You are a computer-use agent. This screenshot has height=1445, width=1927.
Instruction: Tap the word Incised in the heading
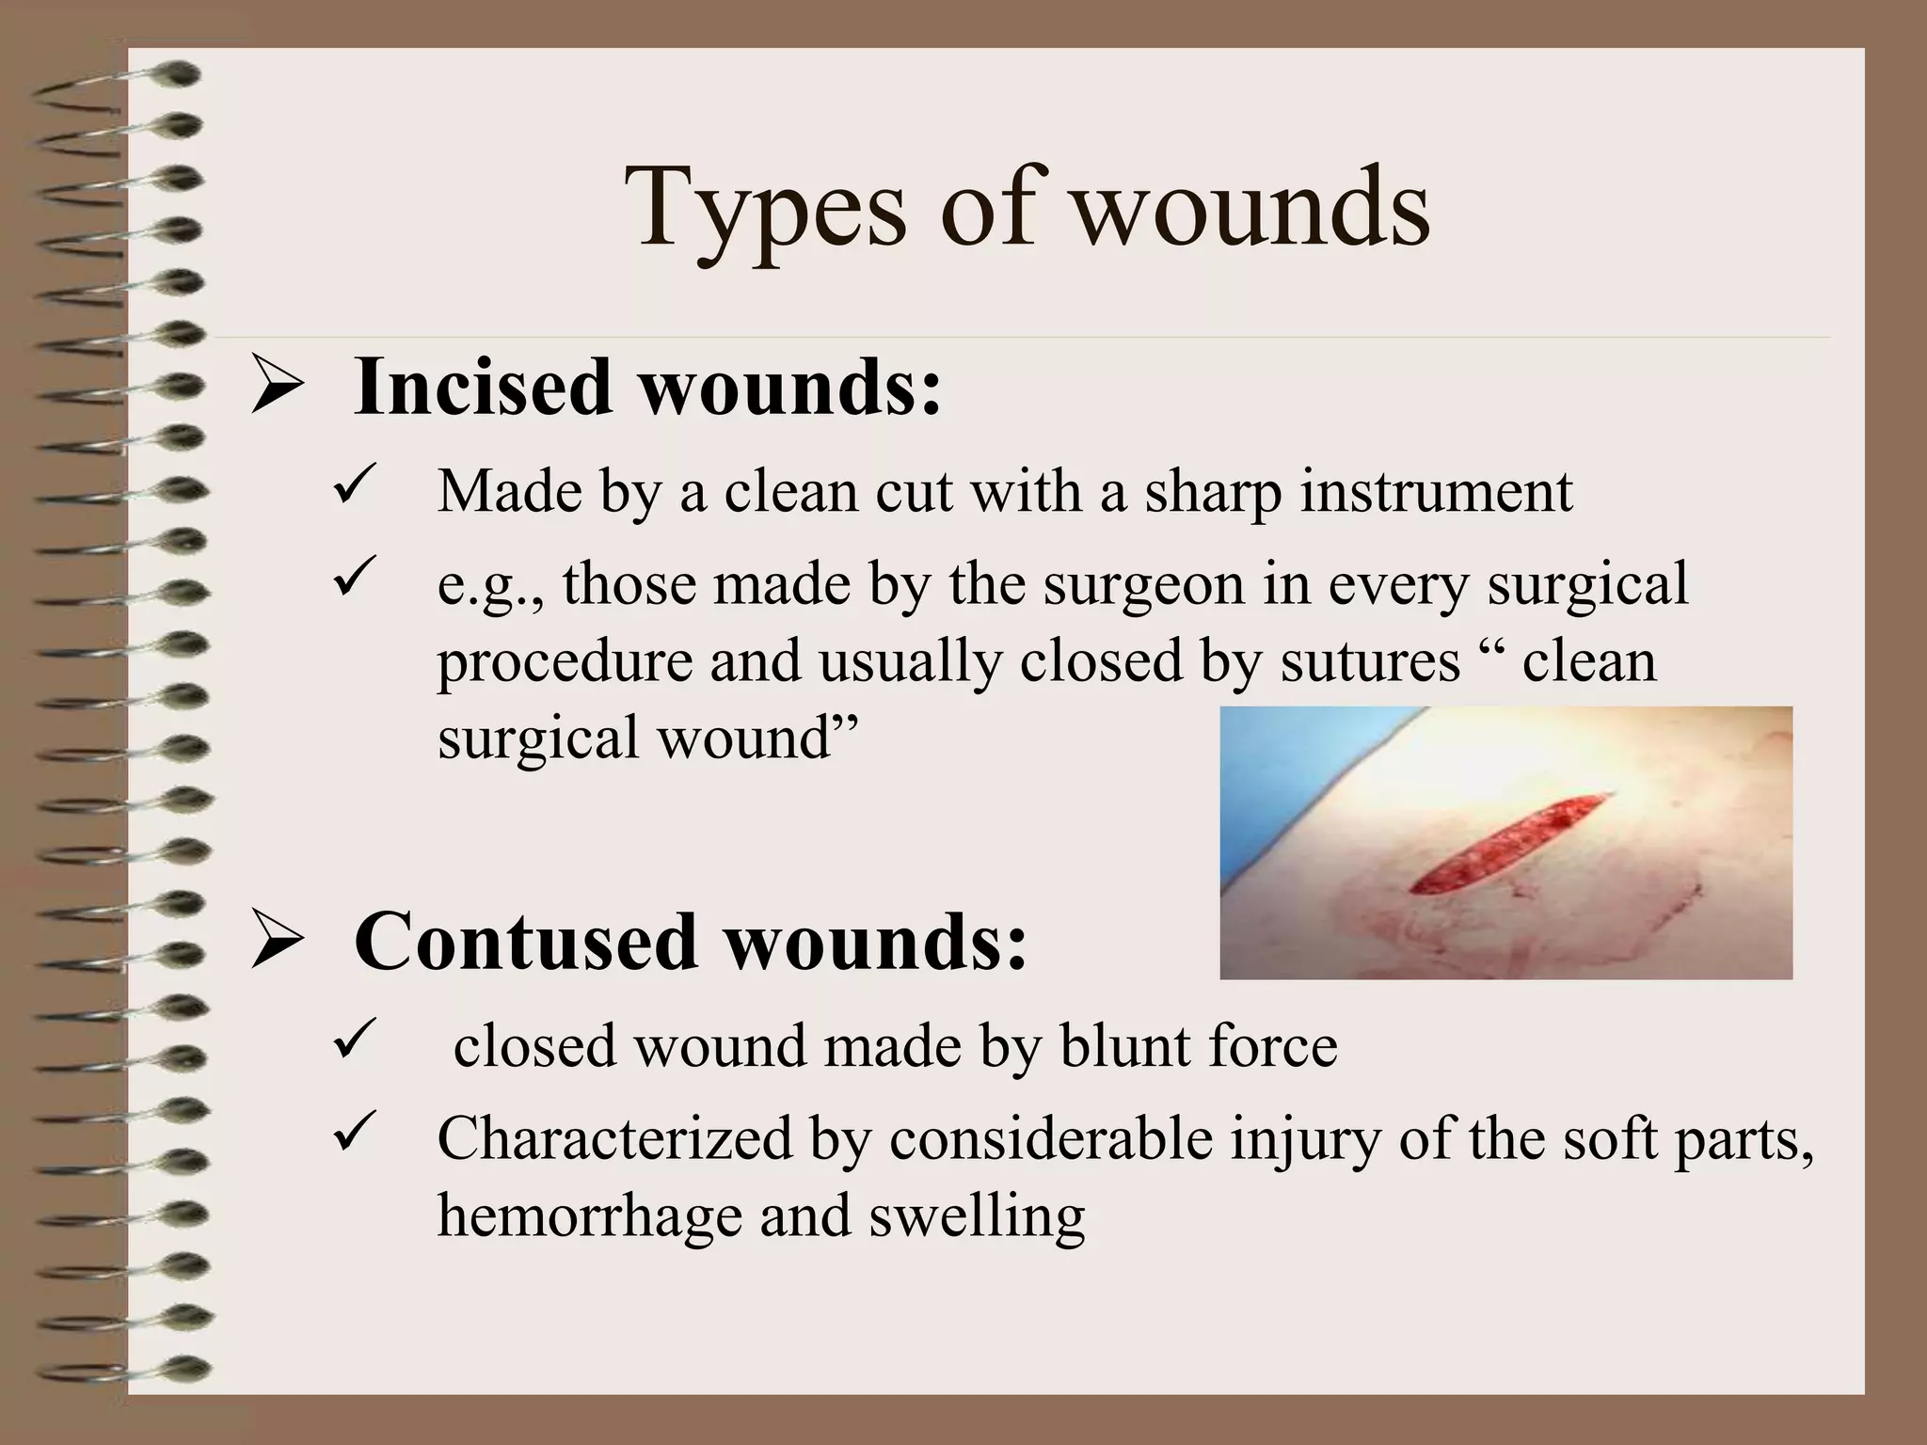pyautogui.click(x=483, y=388)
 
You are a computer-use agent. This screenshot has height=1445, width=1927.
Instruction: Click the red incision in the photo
pyautogui.click(x=1505, y=843)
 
